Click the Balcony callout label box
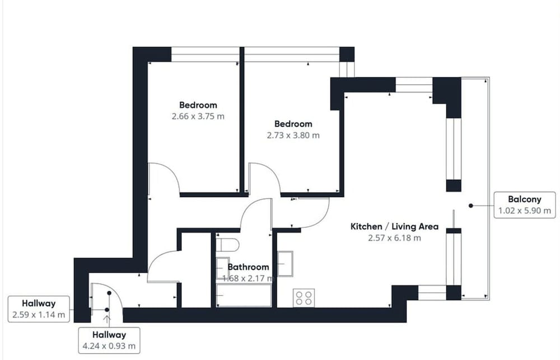tap(525, 205)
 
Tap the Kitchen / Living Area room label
tap(394, 226)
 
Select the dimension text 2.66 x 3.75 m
tap(198, 116)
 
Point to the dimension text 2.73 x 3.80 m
tap(293, 135)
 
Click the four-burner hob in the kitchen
tap(304, 298)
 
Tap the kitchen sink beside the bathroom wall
tap(286, 264)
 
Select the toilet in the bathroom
tap(227, 245)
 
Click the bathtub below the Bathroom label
tap(244, 296)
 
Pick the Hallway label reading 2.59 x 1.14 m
tap(39, 309)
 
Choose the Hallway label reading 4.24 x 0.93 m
tap(109, 340)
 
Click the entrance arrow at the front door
tap(107, 319)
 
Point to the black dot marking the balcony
tap(471, 205)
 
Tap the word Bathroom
tap(248, 267)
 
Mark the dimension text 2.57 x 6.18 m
tap(394, 238)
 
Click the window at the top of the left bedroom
tap(206, 54)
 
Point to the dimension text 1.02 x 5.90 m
tap(525, 211)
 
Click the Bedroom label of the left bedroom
tap(198, 105)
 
